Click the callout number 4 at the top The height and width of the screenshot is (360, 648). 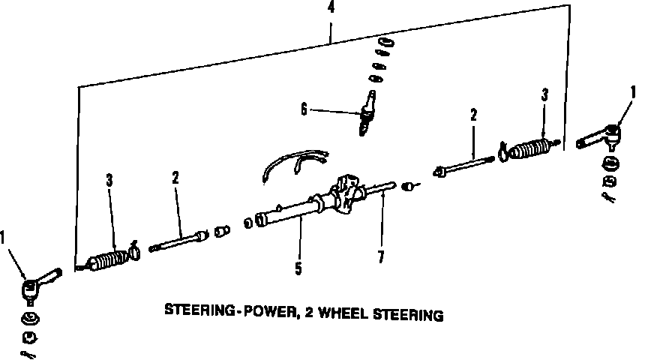tap(330, 10)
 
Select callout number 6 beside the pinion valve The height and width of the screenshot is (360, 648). tap(304, 109)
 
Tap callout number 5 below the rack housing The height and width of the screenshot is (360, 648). tap(298, 268)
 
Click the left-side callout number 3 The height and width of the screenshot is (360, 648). tap(109, 180)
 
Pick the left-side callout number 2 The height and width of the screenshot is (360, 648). tap(175, 178)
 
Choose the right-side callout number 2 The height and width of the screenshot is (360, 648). tap(473, 115)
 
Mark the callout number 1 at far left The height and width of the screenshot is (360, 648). tap(4, 238)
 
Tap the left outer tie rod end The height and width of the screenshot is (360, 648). tap(37, 283)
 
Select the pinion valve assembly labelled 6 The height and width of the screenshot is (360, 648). tap(367, 112)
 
